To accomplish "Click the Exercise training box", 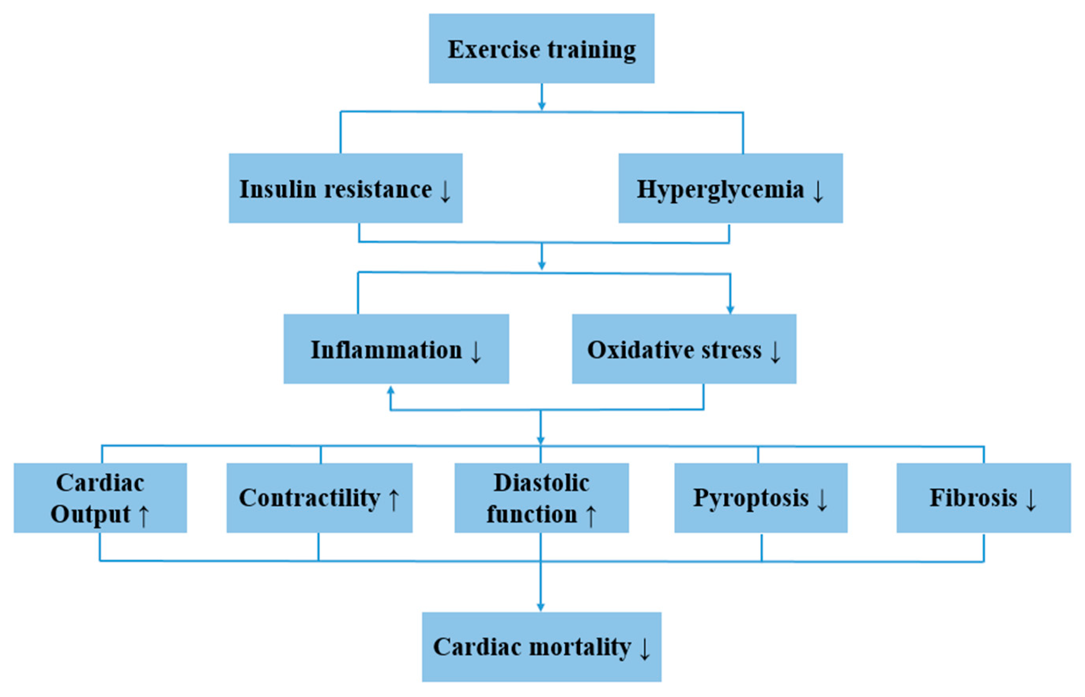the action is point(542,49).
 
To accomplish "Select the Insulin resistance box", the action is point(345,188).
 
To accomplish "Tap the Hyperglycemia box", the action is point(730,188).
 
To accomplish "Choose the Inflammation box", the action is point(396,349).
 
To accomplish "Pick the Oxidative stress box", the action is point(684,349).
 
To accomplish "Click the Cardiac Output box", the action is point(100,498).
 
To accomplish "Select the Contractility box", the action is point(319,498).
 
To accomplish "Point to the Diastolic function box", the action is point(541,498).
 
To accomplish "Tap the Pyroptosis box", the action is point(761,498).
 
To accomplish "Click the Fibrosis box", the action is point(983,498).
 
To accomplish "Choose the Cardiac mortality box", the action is point(541,647).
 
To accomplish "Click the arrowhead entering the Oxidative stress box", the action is point(730,309).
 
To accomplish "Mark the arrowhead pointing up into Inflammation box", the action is point(390,390).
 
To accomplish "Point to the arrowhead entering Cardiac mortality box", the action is point(540,607).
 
